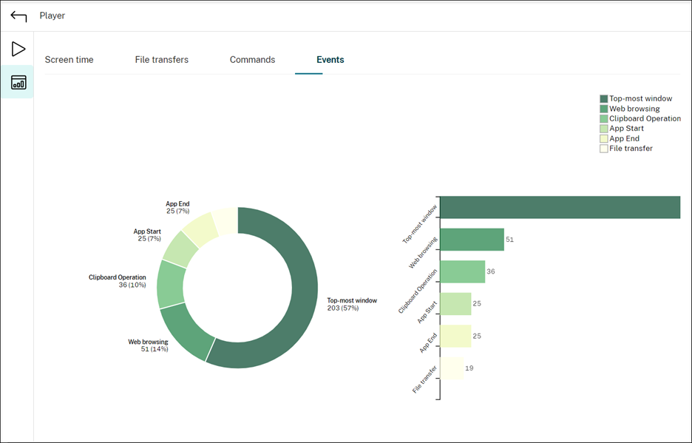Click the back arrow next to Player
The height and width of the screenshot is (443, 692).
18,16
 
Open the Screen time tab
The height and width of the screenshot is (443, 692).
69,60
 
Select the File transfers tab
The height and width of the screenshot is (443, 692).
161,60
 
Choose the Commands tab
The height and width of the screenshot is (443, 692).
252,60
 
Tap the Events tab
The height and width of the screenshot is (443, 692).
330,60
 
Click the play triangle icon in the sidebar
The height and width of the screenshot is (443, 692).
18,50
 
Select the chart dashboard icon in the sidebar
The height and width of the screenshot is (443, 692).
18,82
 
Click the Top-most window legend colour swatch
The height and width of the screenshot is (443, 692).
604,98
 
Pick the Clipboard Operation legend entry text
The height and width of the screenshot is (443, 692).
645,118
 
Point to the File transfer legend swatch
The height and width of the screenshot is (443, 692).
604,149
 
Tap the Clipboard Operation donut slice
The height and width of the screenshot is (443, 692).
171,284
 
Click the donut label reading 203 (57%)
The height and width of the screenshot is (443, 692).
342,308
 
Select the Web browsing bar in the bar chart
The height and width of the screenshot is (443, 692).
472,240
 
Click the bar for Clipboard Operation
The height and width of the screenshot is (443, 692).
462,271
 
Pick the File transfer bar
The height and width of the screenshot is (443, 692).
452,368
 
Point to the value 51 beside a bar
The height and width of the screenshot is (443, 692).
510,240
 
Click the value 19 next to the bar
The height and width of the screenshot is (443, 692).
469,368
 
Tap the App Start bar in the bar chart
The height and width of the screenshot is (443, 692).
455,304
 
